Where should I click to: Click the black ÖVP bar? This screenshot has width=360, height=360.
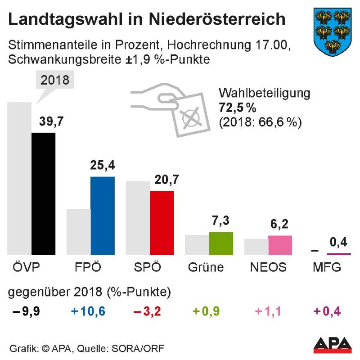(43, 193)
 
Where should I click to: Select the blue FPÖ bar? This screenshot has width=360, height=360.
(103, 216)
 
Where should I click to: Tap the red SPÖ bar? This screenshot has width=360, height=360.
(162, 223)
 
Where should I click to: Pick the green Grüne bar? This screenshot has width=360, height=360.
(221, 243)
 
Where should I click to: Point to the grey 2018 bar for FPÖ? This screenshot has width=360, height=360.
(78, 232)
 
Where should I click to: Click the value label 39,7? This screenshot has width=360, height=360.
(43, 122)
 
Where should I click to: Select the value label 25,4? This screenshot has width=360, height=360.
(103, 166)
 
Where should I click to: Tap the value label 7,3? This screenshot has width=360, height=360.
(221, 222)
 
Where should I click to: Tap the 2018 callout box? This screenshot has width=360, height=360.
(55, 81)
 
